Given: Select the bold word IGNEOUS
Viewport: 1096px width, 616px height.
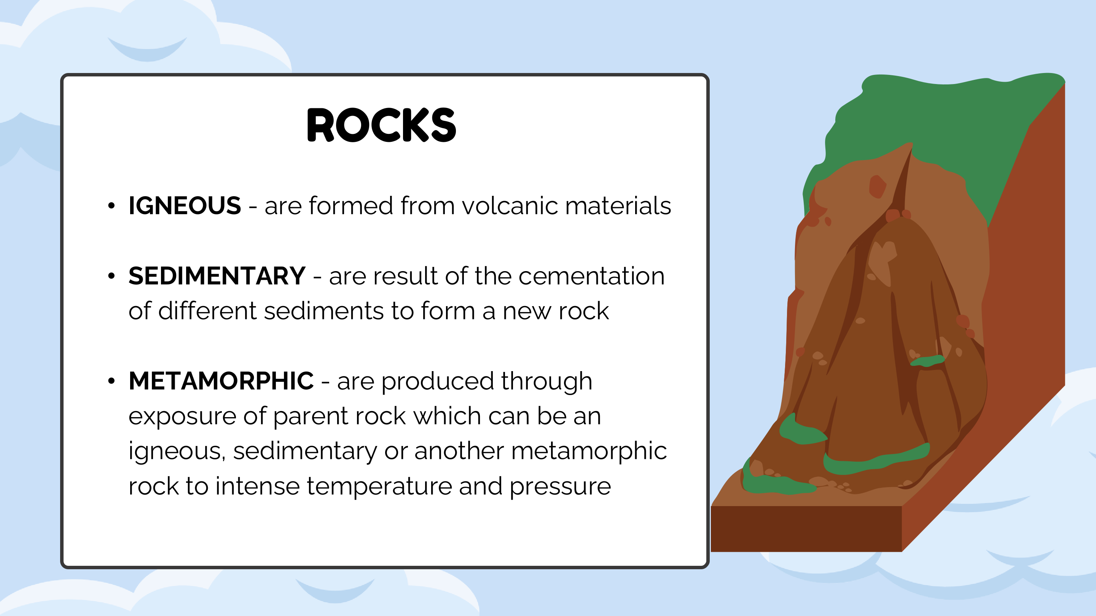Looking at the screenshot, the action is tap(185, 206).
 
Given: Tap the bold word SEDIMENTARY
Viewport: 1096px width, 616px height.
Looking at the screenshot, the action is tap(217, 276).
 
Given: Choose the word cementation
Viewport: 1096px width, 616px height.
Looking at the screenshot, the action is tap(591, 276).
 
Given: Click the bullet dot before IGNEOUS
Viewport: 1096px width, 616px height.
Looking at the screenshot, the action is tap(112, 206).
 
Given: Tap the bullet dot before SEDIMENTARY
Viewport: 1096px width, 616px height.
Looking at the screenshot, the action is tap(112, 276).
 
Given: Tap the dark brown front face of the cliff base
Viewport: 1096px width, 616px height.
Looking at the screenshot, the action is tap(806, 529).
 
